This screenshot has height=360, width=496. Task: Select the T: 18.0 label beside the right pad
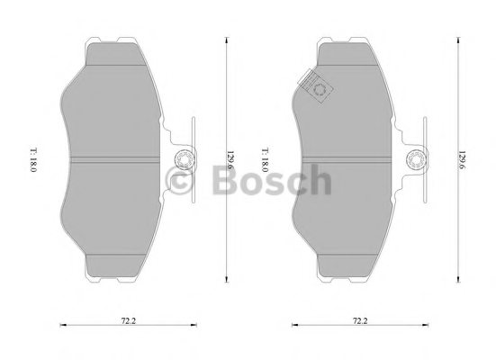265,162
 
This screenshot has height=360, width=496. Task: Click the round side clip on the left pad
181,162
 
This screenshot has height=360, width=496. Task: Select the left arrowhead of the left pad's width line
59,325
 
